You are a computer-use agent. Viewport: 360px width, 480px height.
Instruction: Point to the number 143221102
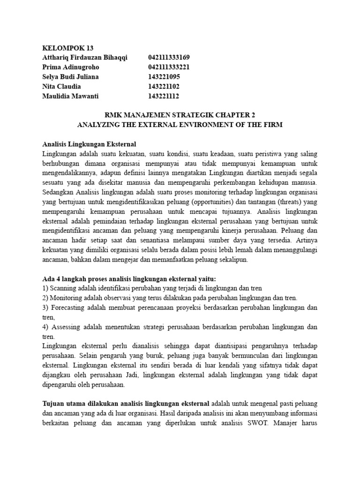[x=164, y=86]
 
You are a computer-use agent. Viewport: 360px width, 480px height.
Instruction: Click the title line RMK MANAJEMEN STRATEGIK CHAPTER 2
[x=180, y=115]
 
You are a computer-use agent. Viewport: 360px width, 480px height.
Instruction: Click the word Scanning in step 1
[x=63, y=288]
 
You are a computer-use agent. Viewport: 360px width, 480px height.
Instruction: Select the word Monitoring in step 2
[x=66, y=298]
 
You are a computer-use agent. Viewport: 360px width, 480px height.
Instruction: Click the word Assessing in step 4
[x=66, y=327]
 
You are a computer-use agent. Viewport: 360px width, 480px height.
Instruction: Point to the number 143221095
[x=164, y=76]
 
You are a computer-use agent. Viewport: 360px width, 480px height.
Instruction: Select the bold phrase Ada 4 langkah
[x=63, y=278]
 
